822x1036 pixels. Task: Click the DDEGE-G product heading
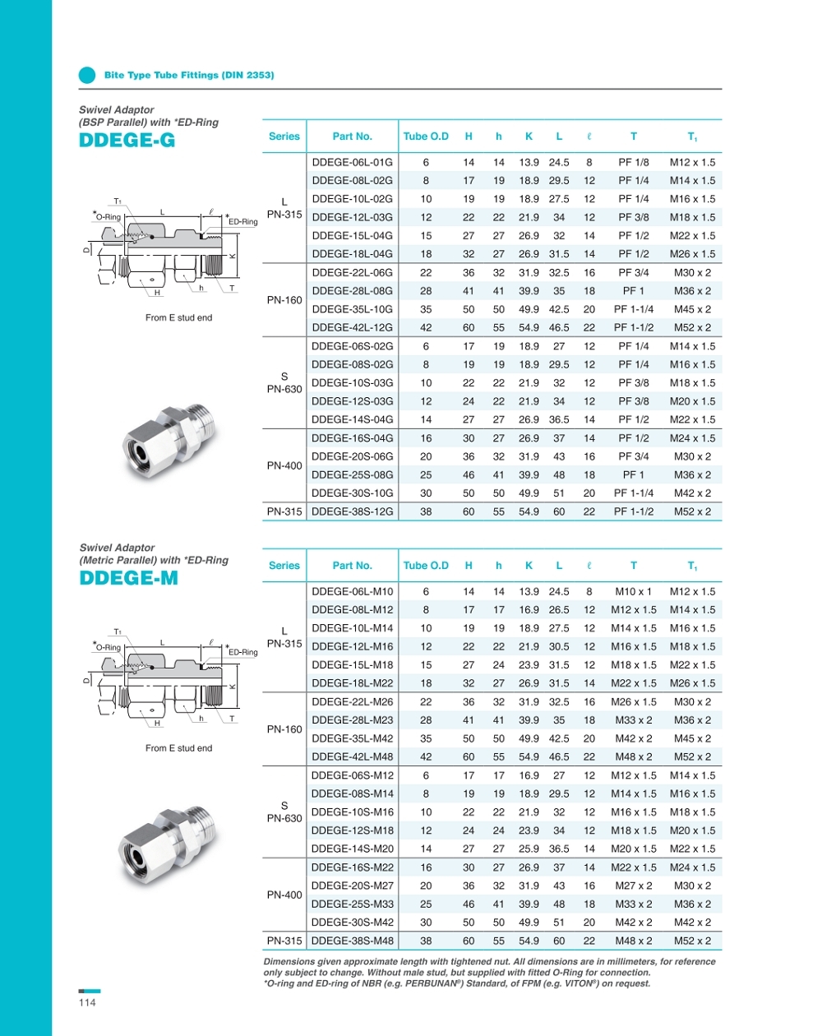[127, 140]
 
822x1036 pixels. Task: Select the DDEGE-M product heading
[128, 578]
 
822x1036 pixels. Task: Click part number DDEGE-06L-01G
[352, 162]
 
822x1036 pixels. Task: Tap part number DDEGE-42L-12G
[352, 327]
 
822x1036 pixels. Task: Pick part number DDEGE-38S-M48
[352, 941]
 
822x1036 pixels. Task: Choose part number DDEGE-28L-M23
[352, 720]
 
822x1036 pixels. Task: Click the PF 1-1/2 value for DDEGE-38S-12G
[634, 511]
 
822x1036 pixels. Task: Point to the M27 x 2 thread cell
[634, 886]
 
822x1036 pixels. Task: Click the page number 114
[87, 1002]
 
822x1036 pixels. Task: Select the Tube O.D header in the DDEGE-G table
[426, 136]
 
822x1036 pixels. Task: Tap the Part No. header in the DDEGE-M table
[352, 566]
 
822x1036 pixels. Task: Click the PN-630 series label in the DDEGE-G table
[284, 389]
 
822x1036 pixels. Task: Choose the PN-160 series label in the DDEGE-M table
[284, 729]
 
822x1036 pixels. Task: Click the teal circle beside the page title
[87, 75]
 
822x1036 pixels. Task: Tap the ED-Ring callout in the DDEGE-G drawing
[242, 222]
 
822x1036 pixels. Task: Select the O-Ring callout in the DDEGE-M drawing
[108, 647]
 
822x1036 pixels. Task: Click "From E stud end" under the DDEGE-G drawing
[178, 317]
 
